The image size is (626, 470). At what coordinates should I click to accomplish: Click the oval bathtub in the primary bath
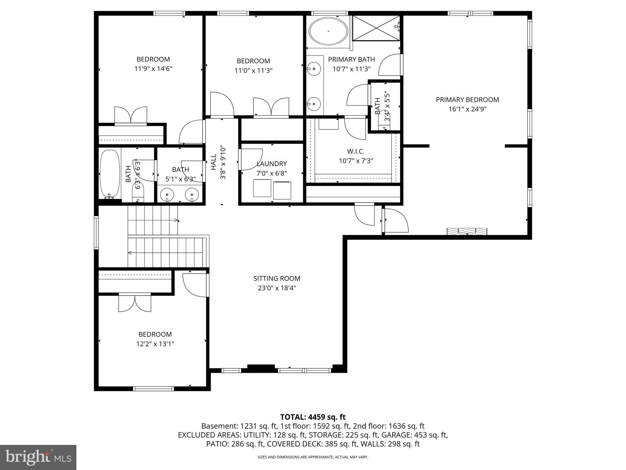pos(328,31)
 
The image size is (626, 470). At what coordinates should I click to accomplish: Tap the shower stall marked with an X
pos(376,28)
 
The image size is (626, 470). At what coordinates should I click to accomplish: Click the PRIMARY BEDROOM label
pos(467,100)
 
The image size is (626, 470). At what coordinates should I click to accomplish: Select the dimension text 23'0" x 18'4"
pos(277,288)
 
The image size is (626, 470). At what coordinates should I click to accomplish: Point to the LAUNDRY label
pos(272,164)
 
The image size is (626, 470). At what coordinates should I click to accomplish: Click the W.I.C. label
pos(356,151)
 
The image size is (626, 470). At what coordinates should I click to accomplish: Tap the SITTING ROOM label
pos(277,278)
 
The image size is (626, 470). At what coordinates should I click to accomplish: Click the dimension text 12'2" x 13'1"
pos(155,344)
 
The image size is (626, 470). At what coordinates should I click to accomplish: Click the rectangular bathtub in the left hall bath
pos(110,173)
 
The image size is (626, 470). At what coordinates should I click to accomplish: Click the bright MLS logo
pos(38,457)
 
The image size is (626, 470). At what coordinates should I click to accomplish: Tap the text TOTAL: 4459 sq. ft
pos(313,417)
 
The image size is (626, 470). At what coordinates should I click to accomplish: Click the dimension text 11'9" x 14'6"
pos(153,69)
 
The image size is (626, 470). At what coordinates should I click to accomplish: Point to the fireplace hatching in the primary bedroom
pos(467,231)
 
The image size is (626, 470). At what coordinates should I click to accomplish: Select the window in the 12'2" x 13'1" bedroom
pos(153,389)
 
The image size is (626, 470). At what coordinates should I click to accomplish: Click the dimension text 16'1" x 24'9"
pos(467,109)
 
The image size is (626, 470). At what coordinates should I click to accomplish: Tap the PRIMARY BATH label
pos(351,59)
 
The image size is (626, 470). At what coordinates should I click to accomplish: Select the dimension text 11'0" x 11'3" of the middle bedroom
pos(253,71)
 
